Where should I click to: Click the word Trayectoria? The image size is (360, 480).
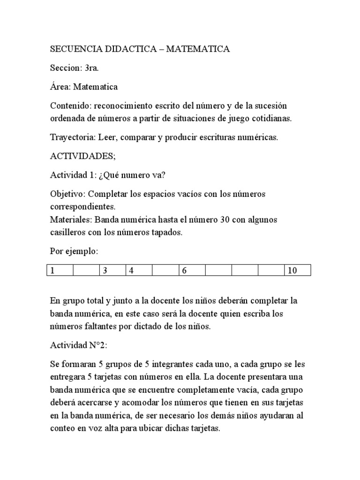coord(71,138)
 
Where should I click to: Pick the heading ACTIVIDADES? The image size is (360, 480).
coord(82,156)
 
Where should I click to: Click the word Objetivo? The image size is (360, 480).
coord(67,194)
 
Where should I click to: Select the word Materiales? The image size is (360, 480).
coord(70,219)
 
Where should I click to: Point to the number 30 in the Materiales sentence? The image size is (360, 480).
coord(225,219)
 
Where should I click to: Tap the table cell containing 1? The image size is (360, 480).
coord(60,270)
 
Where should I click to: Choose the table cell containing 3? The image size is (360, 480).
coord(112,270)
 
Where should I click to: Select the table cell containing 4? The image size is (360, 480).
coord(139,270)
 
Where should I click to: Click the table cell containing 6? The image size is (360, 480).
coord(192,270)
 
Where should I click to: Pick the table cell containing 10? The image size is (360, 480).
coord(297,270)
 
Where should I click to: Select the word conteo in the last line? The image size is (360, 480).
coord(63,428)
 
